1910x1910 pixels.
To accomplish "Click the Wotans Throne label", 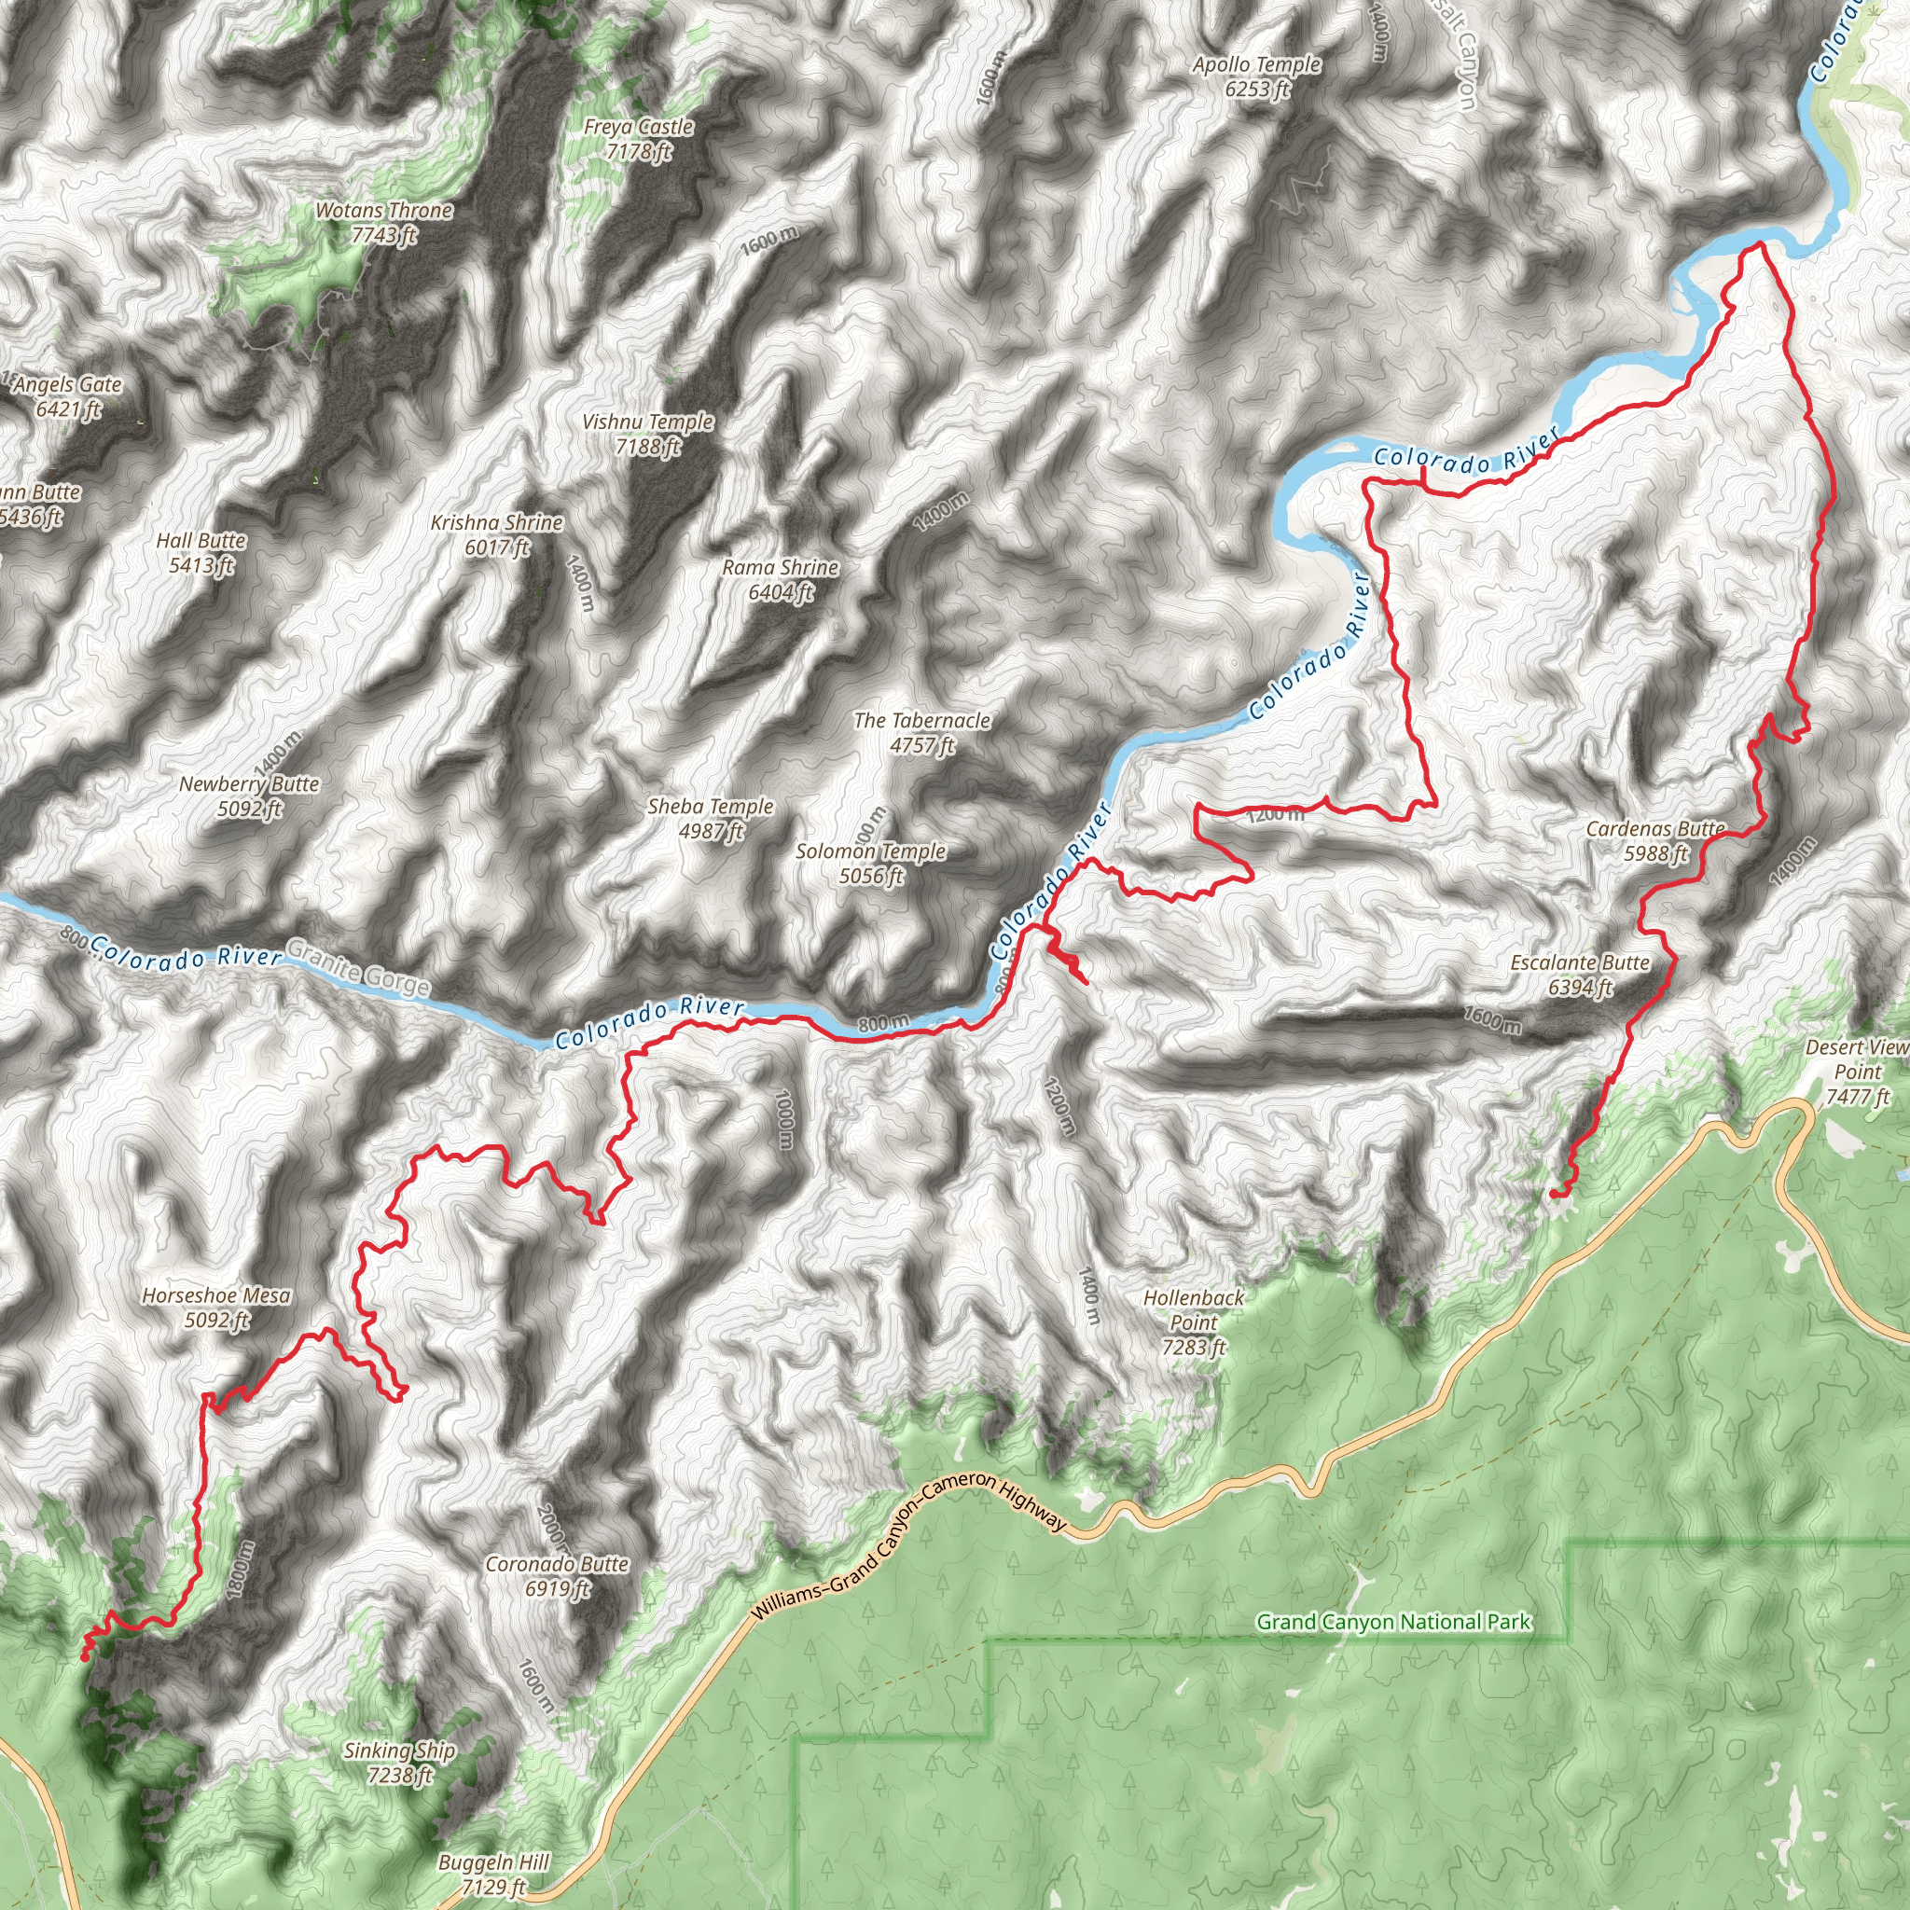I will point(383,223).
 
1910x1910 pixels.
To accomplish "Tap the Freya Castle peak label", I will point(639,138).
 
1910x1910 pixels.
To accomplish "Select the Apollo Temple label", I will point(1256,76).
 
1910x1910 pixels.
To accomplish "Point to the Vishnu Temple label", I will point(647,434).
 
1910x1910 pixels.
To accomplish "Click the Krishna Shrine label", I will point(496,533).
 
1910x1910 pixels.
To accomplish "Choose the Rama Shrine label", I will point(780,579).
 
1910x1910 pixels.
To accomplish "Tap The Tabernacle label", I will point(921,732).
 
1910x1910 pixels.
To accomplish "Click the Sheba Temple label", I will point(710,819).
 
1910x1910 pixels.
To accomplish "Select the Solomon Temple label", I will point(871,863).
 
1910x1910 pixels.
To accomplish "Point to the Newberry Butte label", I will point(249,796).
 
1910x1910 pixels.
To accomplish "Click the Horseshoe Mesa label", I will point(216,1307).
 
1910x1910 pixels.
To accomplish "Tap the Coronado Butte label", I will point(557,1576).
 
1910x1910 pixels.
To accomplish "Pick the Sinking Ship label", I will point(399,1763).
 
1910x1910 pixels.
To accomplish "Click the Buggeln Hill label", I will point(493,1875).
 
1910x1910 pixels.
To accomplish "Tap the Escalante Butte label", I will point(1580,975).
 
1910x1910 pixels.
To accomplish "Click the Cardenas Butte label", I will point(1655,840).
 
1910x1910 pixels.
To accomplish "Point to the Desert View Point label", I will point(1857,1072).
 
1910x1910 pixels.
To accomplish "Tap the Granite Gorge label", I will point(358,969).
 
